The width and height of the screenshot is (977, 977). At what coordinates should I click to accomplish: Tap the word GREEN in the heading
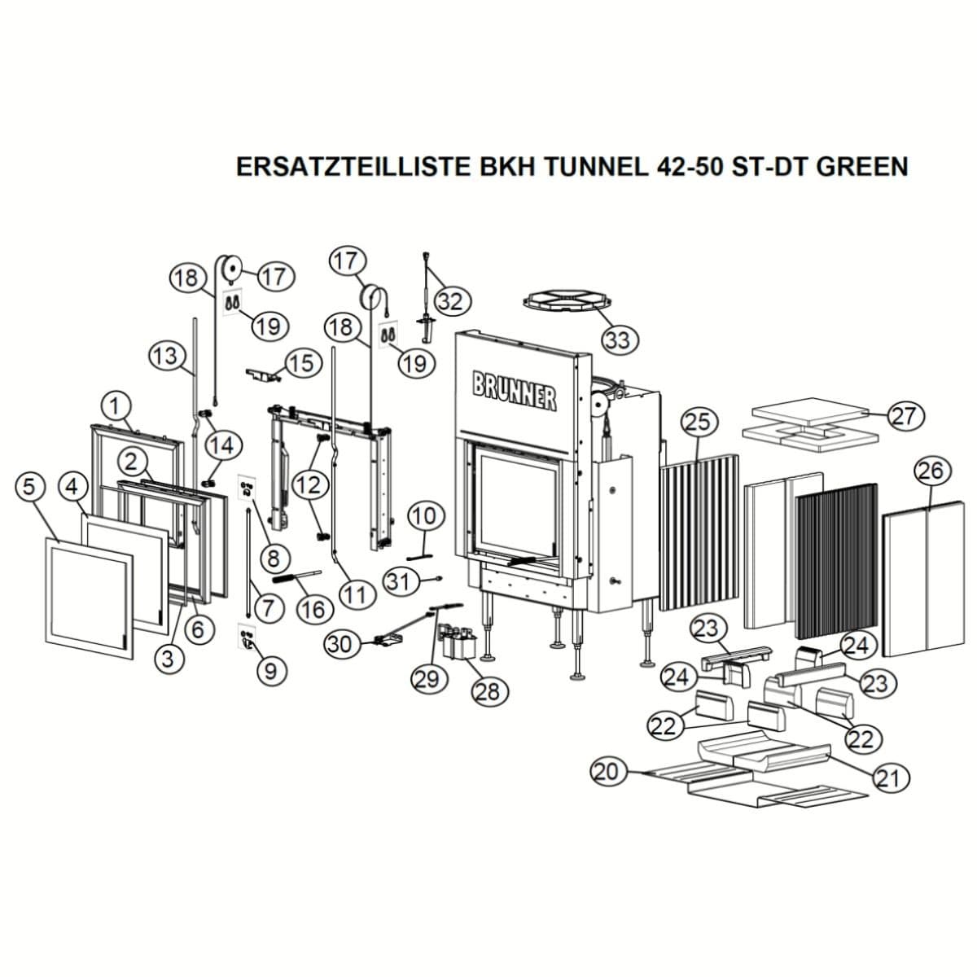coord(862,166)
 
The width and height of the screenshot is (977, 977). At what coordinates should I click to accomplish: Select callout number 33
coord(619,340)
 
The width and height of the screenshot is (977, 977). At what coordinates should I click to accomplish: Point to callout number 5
coord(29,488)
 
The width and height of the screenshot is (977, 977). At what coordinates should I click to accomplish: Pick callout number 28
coord(488,691)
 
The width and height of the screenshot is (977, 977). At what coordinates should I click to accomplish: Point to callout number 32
coord(451,302)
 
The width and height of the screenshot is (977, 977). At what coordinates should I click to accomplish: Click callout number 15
coord(303,363)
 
